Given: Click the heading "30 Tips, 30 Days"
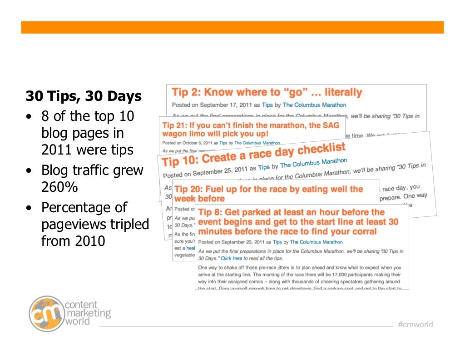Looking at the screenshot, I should [x=83, y=96].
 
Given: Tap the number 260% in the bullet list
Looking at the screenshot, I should [x=59, y=188].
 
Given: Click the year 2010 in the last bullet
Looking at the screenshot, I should [x=89, y=240].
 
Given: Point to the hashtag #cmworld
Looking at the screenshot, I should [x=415, y=325].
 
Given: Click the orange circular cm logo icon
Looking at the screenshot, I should [x=46, y=313].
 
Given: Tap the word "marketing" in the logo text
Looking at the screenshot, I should [x=88, y=313].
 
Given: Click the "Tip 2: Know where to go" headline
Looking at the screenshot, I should [x=267, y=93].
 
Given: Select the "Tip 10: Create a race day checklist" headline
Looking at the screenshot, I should [x=253, y=154].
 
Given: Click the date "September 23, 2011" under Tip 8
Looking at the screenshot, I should [x=246, y=242].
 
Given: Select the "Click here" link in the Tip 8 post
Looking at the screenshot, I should [x=232, y=258].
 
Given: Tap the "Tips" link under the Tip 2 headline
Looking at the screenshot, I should [x=267, y=105].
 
